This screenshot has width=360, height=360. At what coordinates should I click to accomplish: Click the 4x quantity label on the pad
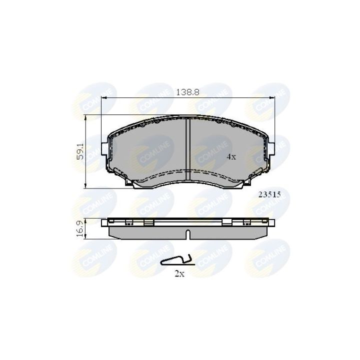click(230, 156)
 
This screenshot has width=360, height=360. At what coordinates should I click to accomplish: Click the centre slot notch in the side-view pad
click(187, 234)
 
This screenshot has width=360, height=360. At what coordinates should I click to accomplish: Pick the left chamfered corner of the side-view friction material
click(112, 235)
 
